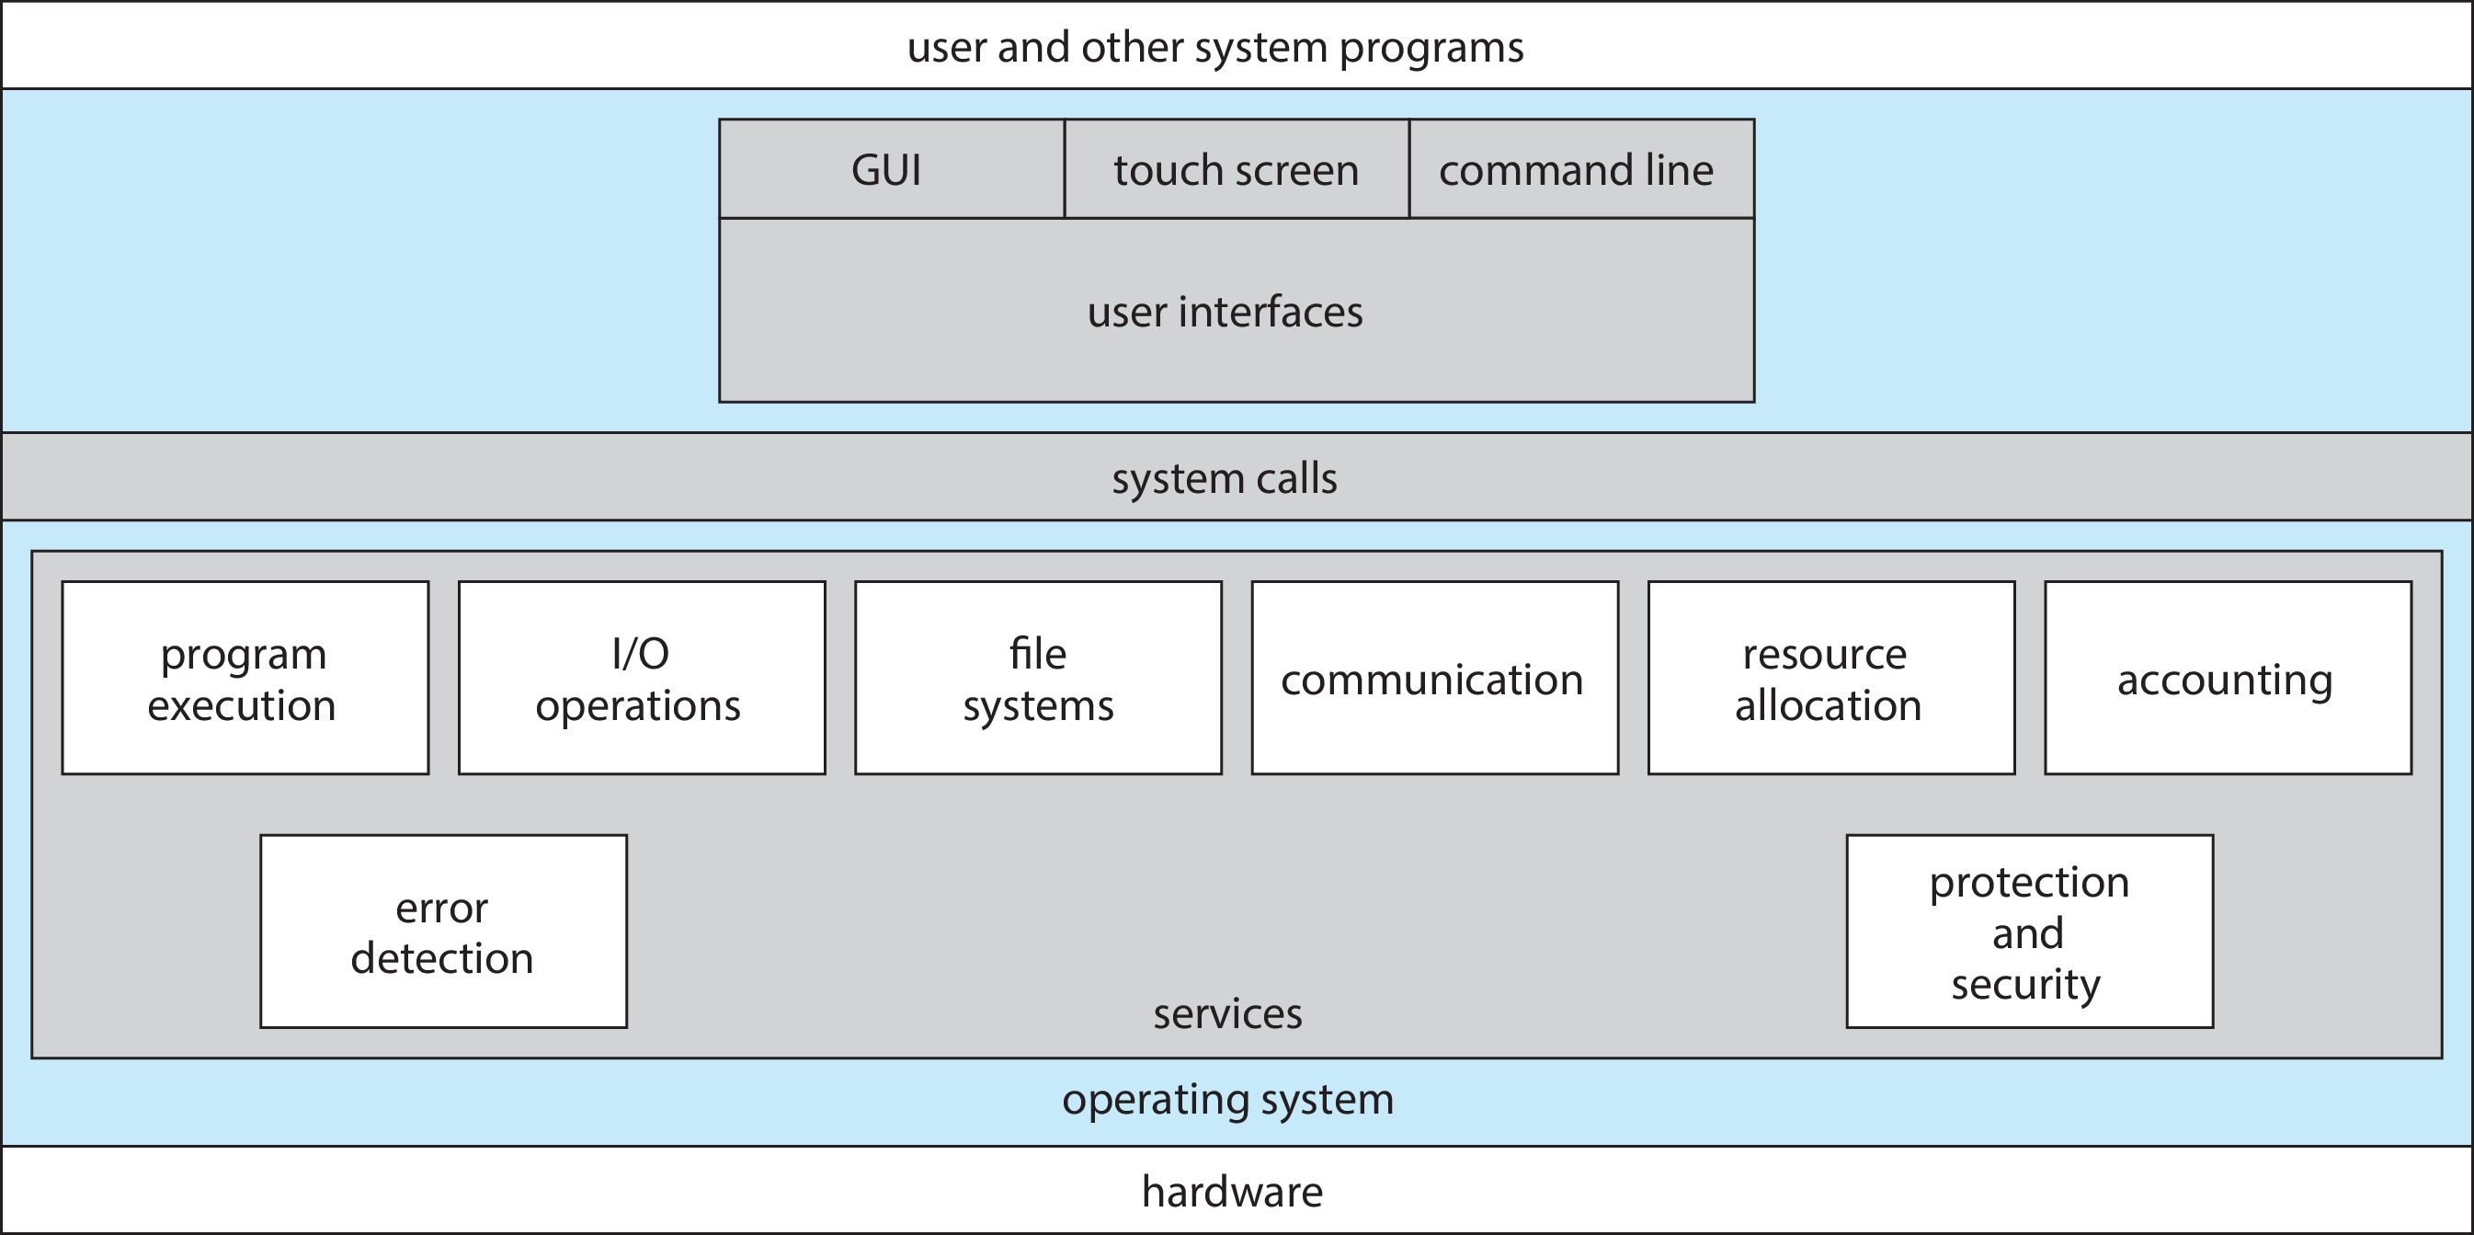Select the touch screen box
click(1236, 169)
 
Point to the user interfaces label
click(1225, 311)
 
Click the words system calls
click(1225, 478)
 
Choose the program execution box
click(245, 678)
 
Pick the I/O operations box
click(642, 678)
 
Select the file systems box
click(1038, 678)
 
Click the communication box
click(1435, 678)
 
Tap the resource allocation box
click(1831, 678)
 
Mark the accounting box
click(2228, 678)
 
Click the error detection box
click(444, 932)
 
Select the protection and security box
click(2029, 932)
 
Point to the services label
click(1227, 1014)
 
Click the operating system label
click(1227, 1099)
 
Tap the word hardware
click(1232, 1192)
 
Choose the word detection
click(442, 958)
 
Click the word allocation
click(1828, 706)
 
